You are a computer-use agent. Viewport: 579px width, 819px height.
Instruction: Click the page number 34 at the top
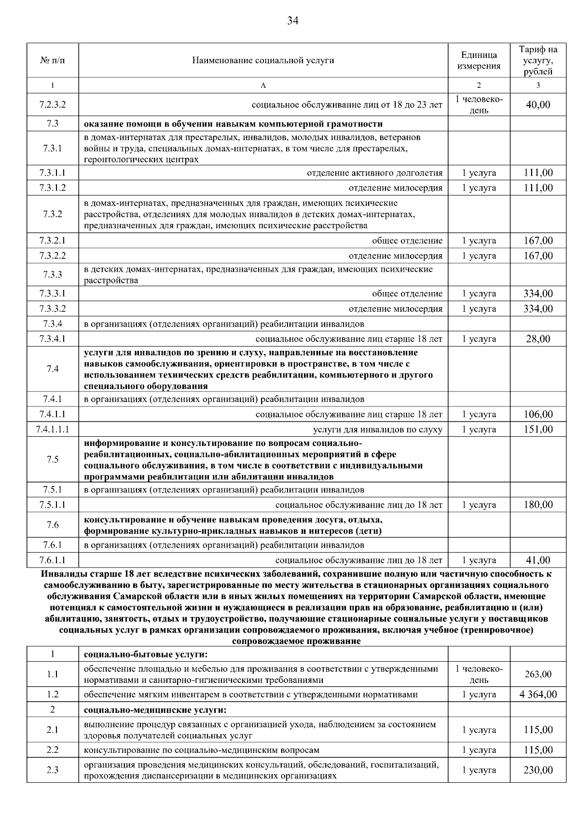coord(293,21)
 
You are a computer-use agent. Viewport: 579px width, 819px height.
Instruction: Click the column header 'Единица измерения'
coord(479,60)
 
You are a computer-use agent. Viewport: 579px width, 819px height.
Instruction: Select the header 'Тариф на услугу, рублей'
coord(538,60)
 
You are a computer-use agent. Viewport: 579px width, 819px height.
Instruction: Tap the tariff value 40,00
coord(538,105)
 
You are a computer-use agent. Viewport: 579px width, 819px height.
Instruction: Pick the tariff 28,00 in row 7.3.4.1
coord(538,339)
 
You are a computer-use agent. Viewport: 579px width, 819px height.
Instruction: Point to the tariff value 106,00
coord(538,414)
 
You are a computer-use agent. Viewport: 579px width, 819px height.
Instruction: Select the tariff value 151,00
coord(538,429)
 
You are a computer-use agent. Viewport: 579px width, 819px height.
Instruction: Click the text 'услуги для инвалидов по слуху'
coord(377,429)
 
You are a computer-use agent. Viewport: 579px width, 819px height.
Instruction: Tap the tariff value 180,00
coord(538,505)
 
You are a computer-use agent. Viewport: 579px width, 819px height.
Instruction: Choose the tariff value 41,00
coord(538,560)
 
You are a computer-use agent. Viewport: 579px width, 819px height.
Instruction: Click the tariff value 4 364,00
coord(538,694)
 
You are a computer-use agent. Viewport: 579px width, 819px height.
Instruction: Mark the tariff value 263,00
coord(538,674)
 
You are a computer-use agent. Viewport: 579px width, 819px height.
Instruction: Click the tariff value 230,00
coord(538,770)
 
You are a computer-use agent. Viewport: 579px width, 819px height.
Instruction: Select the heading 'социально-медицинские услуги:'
coord(155,710)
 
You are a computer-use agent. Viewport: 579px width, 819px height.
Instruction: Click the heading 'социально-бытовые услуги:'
coord(145,654)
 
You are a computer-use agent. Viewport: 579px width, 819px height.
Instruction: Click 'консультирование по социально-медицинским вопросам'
coord(201,750)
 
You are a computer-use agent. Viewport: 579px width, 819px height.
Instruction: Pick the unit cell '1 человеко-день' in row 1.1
coord(479,674)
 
